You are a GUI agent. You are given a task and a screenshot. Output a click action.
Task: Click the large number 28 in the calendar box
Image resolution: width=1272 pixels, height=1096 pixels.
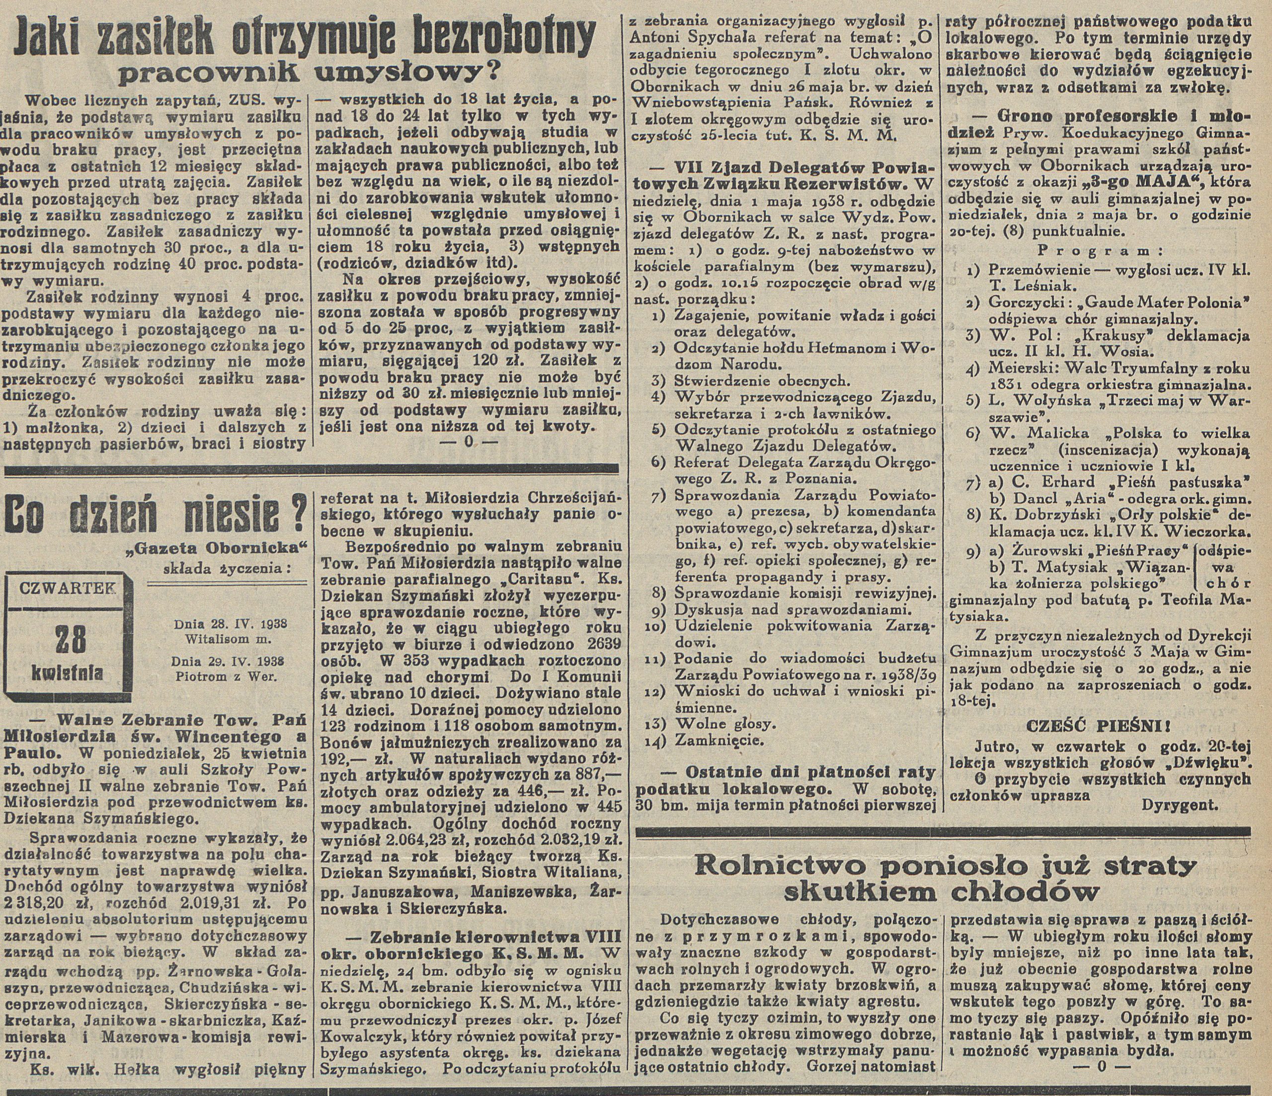62,640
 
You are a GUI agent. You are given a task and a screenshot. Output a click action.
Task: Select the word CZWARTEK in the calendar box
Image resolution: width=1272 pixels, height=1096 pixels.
66,588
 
